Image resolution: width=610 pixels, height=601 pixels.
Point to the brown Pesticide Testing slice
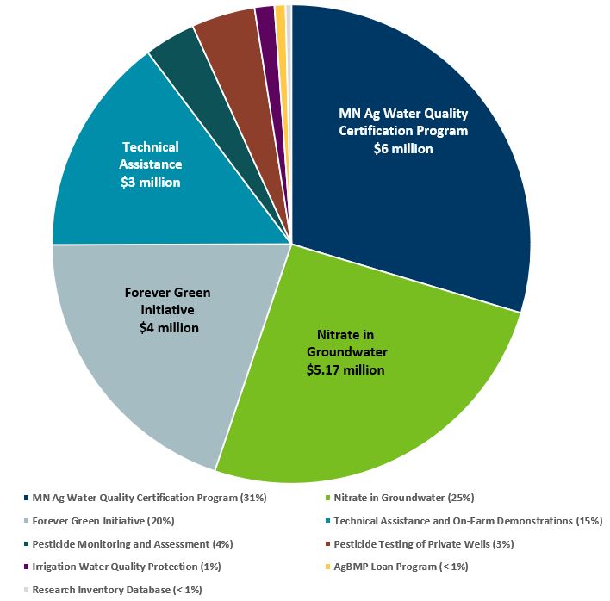[x=228, y=34]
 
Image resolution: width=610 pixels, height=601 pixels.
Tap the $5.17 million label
[x=345, y=370]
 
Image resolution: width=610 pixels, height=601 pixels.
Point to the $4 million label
[x=169, y=327]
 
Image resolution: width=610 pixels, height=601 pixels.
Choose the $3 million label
[x=151, y=182]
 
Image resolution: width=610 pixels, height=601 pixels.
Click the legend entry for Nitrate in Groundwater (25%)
[x=403, y=498]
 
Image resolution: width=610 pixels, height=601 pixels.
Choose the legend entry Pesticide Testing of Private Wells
[x=422, y=544]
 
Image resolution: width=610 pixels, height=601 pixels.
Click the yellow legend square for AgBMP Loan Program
[x=327, y=567]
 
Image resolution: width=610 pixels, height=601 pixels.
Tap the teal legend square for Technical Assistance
[x=327, y=521]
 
